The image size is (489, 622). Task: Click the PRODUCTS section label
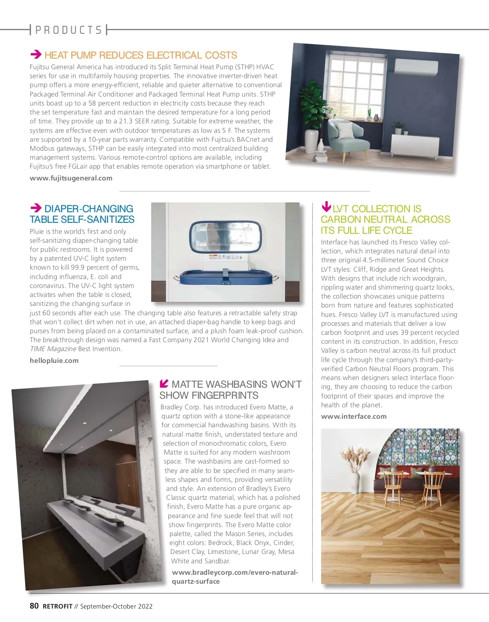[x=68, y=30]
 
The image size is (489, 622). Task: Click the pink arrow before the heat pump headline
[x=36, y=55]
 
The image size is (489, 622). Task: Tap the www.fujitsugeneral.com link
[x=71, y=178]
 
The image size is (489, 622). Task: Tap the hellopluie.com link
[x=54, y=360]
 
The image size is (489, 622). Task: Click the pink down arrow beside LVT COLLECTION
[x=326, y=207]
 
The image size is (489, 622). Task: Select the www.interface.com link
[x=354, y=416]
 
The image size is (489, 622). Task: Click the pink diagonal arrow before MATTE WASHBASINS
[x=164, y=383]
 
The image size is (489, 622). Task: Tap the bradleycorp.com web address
[x=235, y=577]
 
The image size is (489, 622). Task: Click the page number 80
[x=34, y=606]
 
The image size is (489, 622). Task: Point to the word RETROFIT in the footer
[x=57, y=606]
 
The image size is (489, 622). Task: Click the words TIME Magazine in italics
[x=53, y=349]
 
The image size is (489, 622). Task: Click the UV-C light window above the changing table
[x=225, y=237]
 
